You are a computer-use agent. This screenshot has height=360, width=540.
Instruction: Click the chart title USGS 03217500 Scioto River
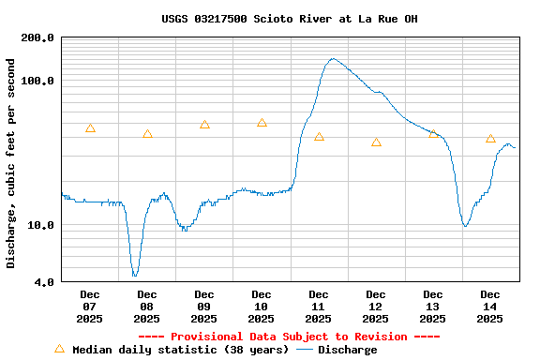click(x=290, y=19)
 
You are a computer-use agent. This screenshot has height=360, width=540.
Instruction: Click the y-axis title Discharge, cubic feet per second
click(x=11, y=163)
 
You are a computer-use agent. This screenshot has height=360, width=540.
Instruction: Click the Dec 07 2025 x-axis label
click(x=90, y=307)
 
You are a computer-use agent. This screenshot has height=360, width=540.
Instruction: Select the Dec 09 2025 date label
click(x=204, y=307)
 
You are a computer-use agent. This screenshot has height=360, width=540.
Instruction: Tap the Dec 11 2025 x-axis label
click(x=319, y=307)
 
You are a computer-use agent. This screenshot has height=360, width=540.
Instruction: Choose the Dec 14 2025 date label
click(x=490, y=307)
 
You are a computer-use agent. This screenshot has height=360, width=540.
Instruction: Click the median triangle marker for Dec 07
click(x=90, y=128)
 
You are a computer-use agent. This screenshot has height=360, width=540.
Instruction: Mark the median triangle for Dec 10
click(x=262, y=123)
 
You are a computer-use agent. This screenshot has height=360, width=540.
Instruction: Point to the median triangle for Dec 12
click(x=376, y=142)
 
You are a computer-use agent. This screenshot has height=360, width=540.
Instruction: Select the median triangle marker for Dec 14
click(x=490, y=139)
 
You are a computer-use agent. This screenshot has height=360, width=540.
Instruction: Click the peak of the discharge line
click(x=333, y=58)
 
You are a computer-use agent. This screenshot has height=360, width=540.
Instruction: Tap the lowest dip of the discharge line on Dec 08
click(x=135, y=275)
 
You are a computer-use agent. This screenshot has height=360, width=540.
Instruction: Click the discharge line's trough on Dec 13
click(x=465, y=226)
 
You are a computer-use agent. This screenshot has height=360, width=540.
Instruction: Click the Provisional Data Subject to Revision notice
click(x=290, y=337)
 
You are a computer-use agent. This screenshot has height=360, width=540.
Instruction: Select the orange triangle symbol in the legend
click(x=60, y=349)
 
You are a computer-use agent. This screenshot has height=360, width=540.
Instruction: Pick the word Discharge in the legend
click(x=347, y=350)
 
